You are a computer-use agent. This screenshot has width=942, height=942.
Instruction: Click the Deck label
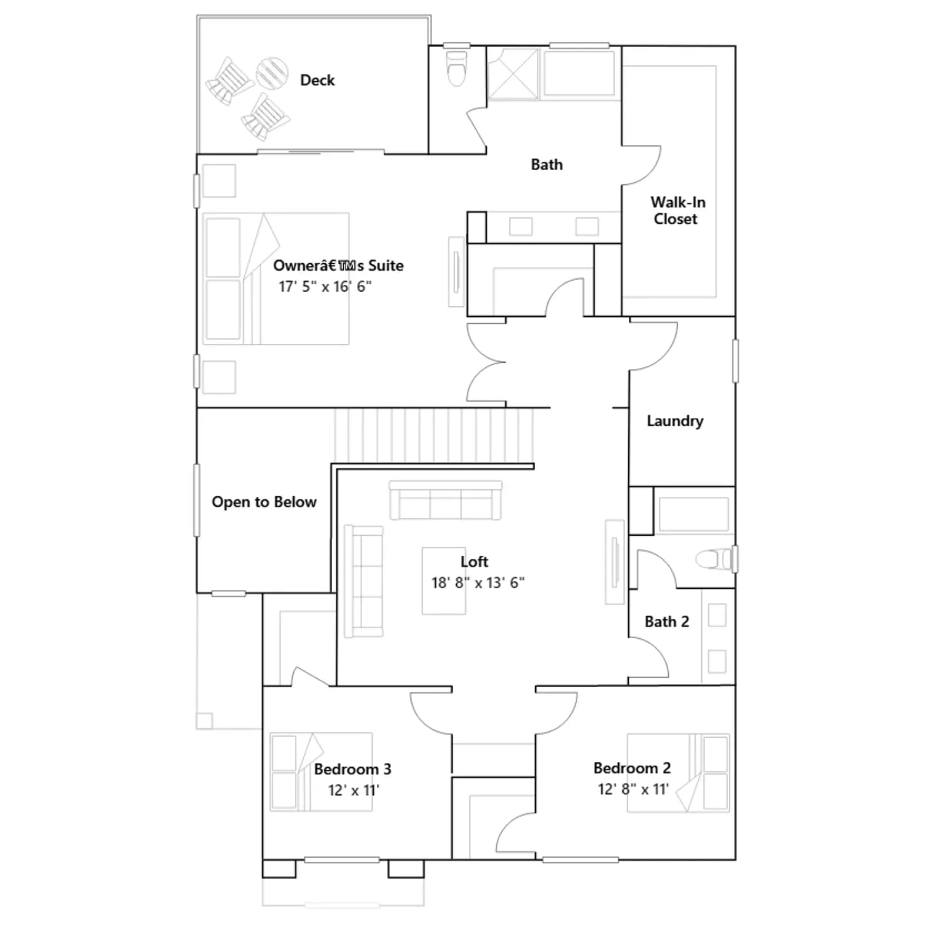click(317, 80)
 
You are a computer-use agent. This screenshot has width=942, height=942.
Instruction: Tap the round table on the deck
click(272, 73)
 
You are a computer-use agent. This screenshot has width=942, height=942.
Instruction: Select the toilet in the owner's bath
click(457, 68)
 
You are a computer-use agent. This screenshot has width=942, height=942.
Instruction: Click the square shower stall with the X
click(513, 74)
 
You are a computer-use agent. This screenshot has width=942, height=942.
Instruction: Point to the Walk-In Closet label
click(677, 210)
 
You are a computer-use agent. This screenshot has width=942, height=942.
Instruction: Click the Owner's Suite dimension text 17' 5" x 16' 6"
click(325, 287)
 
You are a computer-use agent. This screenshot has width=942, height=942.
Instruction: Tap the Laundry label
click(675, 421)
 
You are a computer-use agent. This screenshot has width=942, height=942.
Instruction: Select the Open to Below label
click(264, 502)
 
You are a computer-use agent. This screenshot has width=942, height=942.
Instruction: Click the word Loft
click(475, 562)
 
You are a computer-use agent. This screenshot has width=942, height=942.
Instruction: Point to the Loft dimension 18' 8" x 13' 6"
click(477, 583)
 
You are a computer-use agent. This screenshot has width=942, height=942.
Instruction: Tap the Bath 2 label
click(666, 622)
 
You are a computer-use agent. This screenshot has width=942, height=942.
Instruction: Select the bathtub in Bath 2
click(694, 514)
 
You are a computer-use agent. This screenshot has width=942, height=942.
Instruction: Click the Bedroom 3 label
click(353, 769)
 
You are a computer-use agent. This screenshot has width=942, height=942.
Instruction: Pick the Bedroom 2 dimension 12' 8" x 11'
click(633, 790)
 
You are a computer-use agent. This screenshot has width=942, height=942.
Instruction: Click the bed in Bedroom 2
click(678, 773)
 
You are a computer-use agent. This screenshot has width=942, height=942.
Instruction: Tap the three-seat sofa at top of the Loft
click(446, 501)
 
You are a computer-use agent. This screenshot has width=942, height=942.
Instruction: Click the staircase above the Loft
click(434, 435)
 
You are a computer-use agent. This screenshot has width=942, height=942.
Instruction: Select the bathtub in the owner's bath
click(579, 74)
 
